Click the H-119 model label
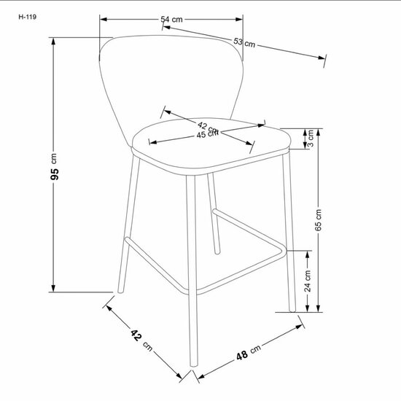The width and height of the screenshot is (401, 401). click(x=28, y=17)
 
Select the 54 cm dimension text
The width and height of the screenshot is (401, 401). click(x=171, y=19)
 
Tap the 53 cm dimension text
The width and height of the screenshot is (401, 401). click(x=244, y=43)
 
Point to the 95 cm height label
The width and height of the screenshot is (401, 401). click(x=54, y=166)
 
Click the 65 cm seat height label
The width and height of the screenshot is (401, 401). click(x=318, y=220)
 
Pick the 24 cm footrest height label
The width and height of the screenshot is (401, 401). click(x=308, y=281)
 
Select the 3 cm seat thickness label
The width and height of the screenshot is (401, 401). click(x=311, y=138)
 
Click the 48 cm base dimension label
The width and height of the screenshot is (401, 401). click(x=249, y=352)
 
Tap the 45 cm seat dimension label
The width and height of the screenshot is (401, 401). click(x=207, y=134)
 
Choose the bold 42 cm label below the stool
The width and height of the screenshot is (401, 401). click(x=141, y=340)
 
